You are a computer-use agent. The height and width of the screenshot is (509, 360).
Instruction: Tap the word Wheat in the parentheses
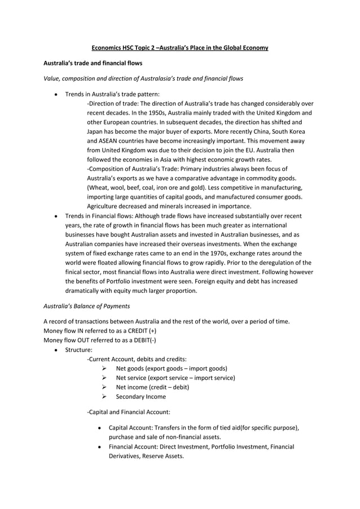click(x=98, y=187)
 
